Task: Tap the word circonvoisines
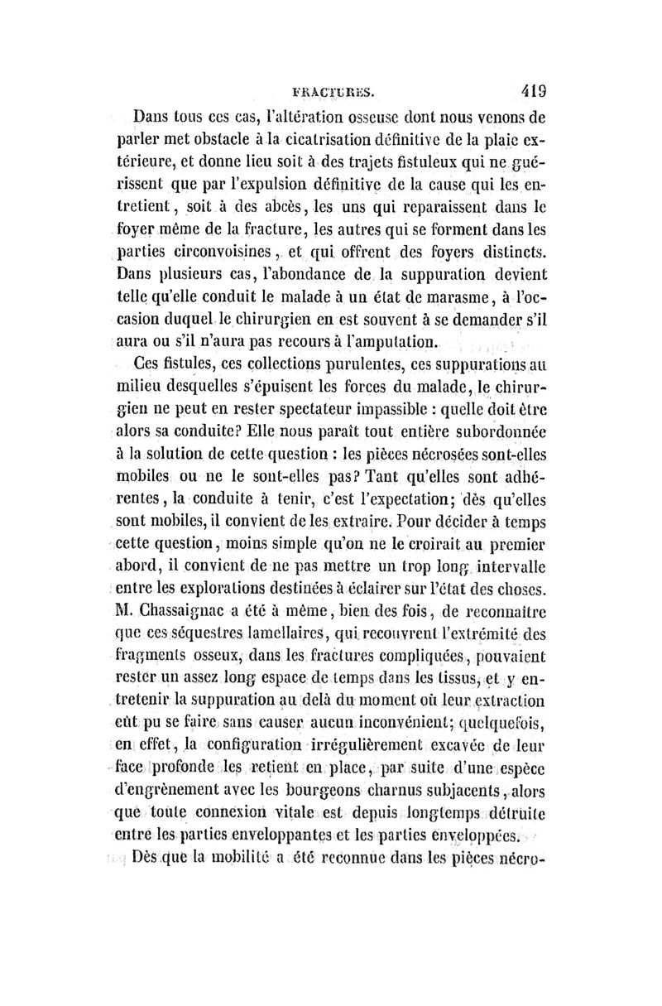tap(189, 250)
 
